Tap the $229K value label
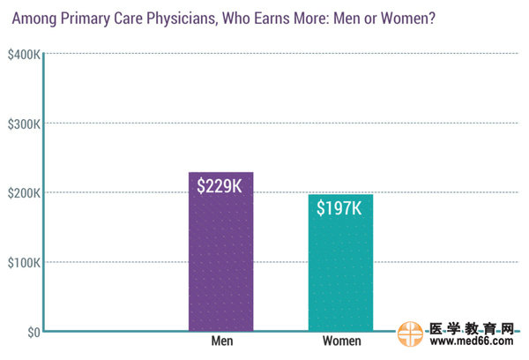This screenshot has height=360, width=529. click(x=220, y=187)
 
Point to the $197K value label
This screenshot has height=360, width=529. click(x=340, y=208)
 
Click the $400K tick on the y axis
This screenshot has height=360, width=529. click(x=22, y=55)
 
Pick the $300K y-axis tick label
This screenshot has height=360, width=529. click(x=22, y=124)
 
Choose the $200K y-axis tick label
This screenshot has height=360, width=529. click(x=22, y=193)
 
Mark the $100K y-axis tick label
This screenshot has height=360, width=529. click(x=22, y=263)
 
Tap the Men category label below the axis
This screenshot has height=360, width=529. click(x=221, y=341)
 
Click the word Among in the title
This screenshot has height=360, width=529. click(x=29, y=16)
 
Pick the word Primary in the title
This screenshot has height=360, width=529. click(x=78, y=16)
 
